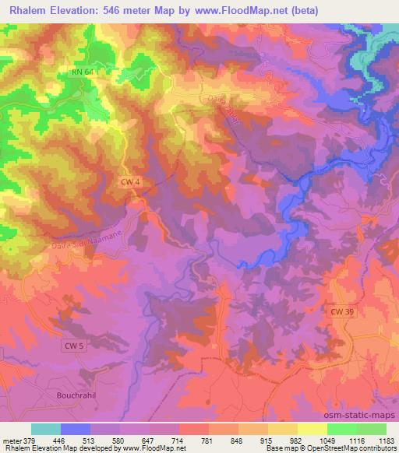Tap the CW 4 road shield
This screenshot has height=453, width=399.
(130, 181)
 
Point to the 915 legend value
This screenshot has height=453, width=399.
(268, 440)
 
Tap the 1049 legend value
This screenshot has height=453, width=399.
(327, 440)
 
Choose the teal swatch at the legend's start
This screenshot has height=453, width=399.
(46, 429)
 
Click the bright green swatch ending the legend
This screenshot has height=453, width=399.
(372, 429)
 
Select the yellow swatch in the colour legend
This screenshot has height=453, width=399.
(312, 429)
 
